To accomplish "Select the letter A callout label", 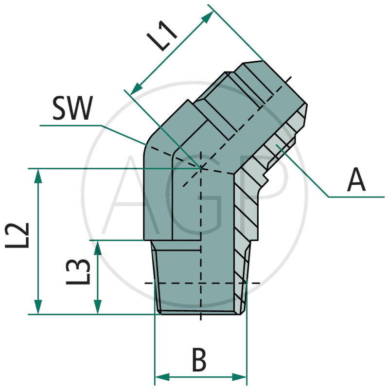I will coord(356,181).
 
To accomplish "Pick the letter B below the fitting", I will coord(199,360).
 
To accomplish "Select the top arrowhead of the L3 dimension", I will coord(98,247).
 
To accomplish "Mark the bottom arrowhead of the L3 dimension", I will coord(98,308).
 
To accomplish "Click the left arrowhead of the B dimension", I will coord(161,377).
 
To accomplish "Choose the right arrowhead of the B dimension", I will coord(241,377).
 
